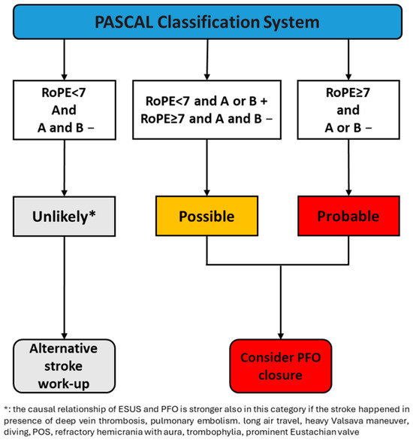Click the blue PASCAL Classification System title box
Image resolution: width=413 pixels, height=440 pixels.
click(x=207, y=22)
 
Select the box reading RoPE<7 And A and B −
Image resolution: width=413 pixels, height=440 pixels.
click(x=65, y=110)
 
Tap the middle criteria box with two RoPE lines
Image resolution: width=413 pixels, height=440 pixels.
click(x=206, y=110)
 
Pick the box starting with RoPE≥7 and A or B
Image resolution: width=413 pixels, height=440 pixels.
click(x=348, y=110)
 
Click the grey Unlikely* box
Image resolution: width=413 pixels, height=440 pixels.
click(x=64, y=217)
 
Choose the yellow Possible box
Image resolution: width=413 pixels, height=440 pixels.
click(x=206, y=216)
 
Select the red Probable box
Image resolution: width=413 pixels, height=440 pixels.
click(x=348, y=216)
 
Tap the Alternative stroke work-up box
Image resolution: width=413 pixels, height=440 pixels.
click(x=64, y=366)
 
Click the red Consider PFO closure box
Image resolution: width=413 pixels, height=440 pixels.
click(x=281, y=366)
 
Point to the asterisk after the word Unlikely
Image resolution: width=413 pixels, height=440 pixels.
click(x=92, y=214)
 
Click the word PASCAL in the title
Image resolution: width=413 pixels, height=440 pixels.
click(x=124, y=22)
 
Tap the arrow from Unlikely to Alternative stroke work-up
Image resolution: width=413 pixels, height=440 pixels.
click(x=64, y=287)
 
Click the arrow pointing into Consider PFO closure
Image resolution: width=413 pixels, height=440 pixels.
click(x=281, y=302)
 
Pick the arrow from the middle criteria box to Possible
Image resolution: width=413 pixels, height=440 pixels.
click(x=206, y=168)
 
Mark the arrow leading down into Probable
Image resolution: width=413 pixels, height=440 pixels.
click(x=348, y=168)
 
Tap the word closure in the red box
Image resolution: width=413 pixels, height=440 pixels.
click(x=281, y=375)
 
